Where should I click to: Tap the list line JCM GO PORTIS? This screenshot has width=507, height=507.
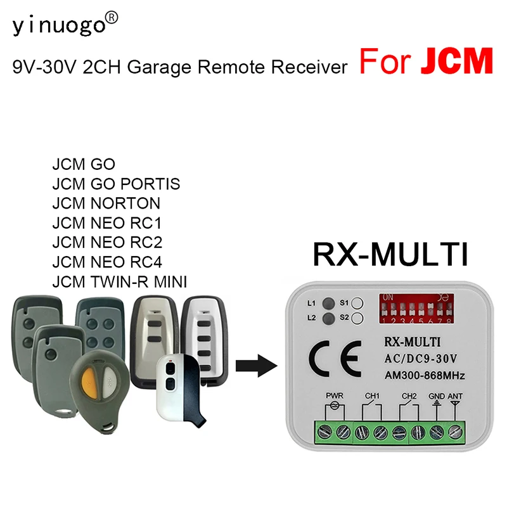116,184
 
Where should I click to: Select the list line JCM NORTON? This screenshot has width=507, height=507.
106,203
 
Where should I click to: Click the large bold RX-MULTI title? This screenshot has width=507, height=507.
390,255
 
